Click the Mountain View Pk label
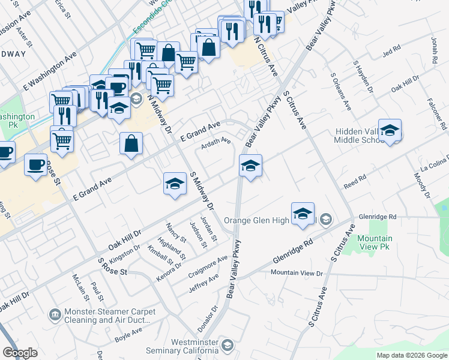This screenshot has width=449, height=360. (x=375, y=242)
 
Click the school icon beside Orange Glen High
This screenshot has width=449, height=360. (x=303, y=214)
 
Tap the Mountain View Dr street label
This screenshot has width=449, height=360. (x=297, y=273)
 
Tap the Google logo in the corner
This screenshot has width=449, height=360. (x=20, y=353)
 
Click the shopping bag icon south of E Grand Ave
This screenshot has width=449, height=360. (x=131, y=144)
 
